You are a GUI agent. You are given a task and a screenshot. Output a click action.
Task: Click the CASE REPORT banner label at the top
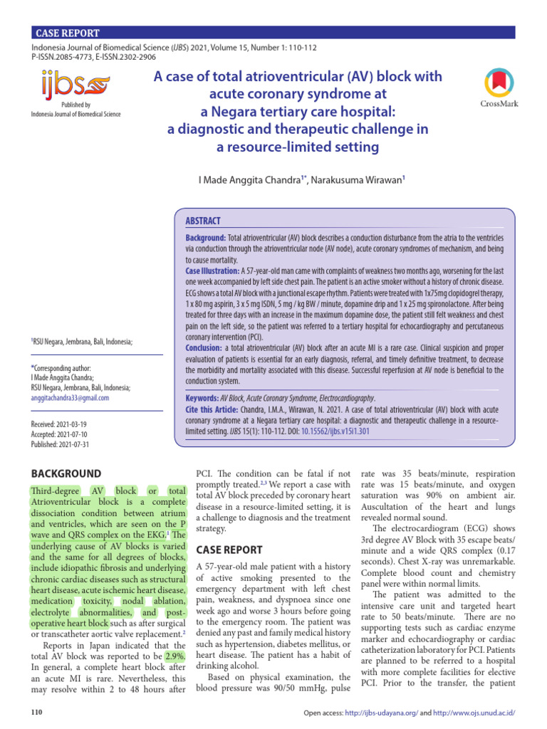point(68,33)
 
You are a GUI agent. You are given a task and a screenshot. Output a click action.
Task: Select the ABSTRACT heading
point(203,221)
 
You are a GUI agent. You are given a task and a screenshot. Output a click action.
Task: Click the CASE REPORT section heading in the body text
point(229,550)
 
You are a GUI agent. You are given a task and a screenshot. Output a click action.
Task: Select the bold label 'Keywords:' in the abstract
point(202,399)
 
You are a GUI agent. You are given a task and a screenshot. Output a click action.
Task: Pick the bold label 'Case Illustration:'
point(212,271)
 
